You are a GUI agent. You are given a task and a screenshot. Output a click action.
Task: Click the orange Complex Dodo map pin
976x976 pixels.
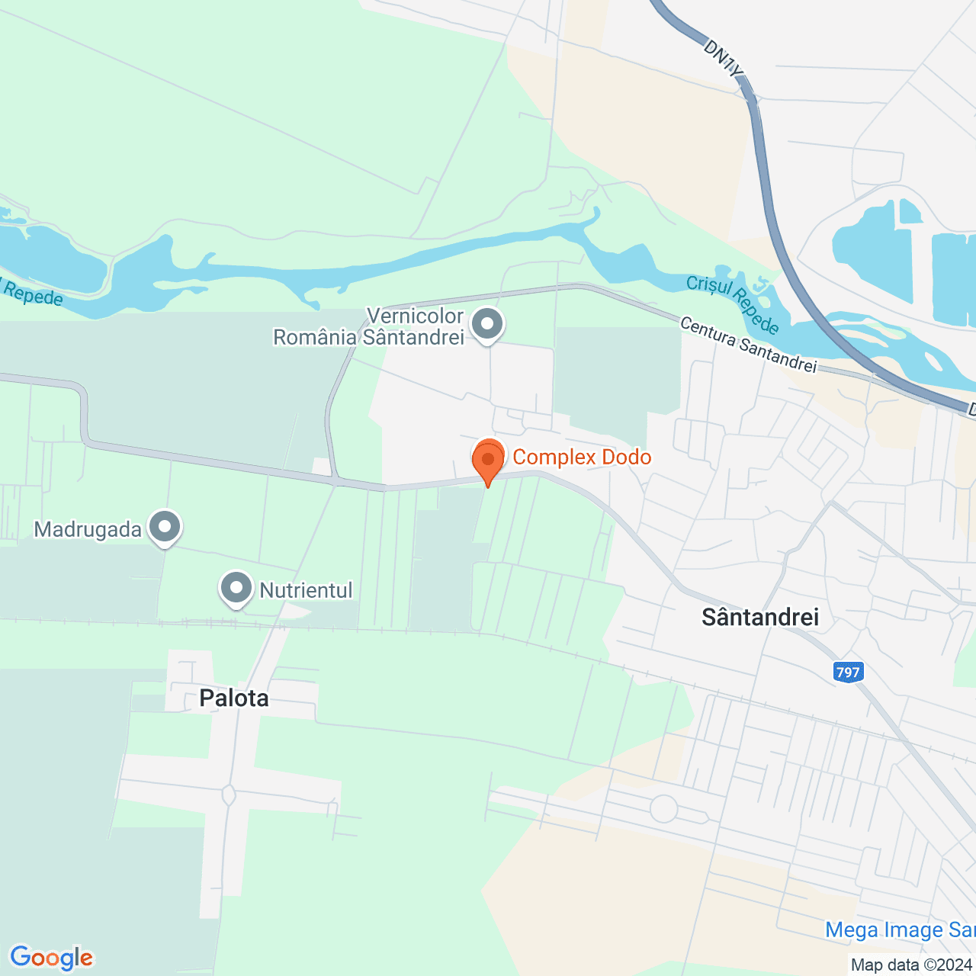488,460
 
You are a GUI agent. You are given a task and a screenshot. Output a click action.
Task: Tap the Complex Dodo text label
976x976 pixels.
582,457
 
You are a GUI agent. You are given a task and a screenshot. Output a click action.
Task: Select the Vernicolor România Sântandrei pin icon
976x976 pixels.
487,324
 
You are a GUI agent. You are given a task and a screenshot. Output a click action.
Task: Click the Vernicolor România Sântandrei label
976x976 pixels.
369,326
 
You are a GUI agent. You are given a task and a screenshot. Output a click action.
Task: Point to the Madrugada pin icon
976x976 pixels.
164,526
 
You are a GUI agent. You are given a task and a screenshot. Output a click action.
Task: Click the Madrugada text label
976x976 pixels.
88,529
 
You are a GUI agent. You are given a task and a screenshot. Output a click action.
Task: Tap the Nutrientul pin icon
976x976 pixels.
236,589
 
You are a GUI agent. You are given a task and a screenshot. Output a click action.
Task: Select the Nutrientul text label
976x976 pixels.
306,590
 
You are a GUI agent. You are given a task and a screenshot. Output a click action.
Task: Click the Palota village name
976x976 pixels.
234,698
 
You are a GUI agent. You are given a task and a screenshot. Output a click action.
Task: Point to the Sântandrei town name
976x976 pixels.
760,617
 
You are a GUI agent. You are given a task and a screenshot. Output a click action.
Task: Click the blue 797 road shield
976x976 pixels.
848,672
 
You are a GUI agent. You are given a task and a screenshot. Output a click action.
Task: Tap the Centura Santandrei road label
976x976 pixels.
748,345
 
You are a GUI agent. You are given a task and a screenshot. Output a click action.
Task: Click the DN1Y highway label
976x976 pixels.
721,59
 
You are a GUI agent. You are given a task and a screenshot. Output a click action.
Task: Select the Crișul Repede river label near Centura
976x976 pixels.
733,304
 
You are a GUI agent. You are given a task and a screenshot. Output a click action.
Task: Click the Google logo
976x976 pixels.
51,958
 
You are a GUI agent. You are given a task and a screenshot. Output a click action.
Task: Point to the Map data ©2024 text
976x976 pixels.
912,965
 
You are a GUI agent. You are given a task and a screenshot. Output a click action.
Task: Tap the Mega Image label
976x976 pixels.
900,930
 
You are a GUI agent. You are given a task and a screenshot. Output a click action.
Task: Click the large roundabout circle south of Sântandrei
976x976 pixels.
663,808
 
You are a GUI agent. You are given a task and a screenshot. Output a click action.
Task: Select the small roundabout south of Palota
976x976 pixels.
228,795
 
